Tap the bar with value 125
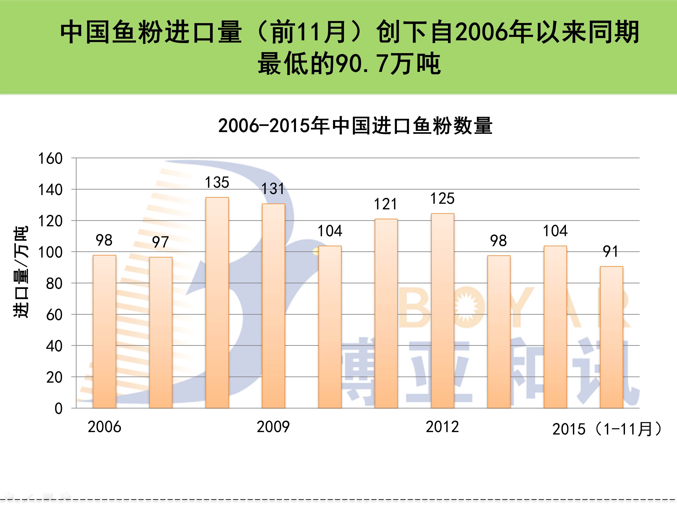tap(443, 310)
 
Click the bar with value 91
tap(611, 337)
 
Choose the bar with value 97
tap(161, 333)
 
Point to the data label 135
tap(217, 183)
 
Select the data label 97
tap(160, 242)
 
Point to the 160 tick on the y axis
tap(50, 159)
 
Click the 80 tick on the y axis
tap(54, 284)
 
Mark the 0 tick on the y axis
tap(58, 409)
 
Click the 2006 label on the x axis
tap(104, 427)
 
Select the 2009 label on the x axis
tap(273, 427)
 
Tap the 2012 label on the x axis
tap(442, 427)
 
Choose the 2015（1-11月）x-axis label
tap(607, 429)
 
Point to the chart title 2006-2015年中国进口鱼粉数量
tap(355, 126)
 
